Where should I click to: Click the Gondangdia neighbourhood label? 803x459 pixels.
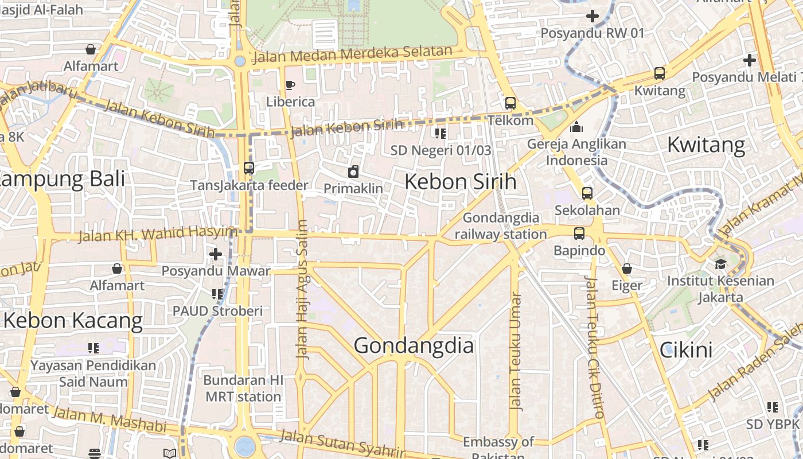[414, 346]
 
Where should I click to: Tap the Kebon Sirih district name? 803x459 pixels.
[460, 182]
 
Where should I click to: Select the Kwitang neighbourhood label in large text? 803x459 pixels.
[705, 145]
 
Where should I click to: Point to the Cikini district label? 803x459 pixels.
[686, 350]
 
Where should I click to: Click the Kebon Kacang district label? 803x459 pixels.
[73, 321]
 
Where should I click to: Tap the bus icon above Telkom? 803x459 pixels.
[510, 103]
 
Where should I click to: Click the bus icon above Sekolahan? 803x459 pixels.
[587, 193]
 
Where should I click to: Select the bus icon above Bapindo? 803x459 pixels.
[579, 234]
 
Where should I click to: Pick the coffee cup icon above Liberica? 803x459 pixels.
[290, 85]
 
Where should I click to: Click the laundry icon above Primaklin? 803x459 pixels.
[353, 171]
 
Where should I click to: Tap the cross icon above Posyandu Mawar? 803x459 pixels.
[216, 254]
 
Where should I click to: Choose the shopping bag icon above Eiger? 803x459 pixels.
[627, 269]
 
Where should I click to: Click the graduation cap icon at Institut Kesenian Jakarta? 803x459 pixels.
[720, 264]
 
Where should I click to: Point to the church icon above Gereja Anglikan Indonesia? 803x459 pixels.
[576, 127]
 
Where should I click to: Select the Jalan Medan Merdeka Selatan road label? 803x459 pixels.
[353, 55]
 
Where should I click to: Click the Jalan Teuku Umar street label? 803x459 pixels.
[516, 352]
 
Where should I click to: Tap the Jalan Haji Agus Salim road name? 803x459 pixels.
[302, 290]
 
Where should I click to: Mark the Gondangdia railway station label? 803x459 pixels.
[501, 226]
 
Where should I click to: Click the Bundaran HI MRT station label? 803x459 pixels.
[243, 388]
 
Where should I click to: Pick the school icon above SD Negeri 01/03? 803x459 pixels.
[441, 134]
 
